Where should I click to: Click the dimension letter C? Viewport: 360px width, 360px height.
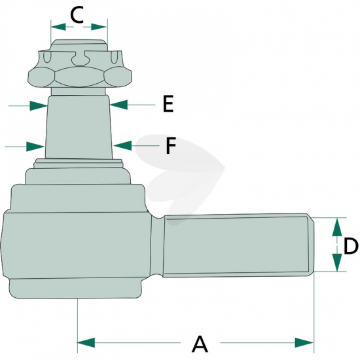tap(77, 15)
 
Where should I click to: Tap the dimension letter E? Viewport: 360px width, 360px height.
tap(168, 104)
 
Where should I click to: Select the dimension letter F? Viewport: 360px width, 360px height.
tap(171, 145)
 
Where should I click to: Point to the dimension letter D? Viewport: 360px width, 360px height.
tap(351, 246)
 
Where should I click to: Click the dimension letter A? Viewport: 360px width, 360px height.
tap(200, 344)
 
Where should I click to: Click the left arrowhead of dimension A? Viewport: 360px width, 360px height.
tap(86, 343)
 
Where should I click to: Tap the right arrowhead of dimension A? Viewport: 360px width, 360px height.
tap(304, 343)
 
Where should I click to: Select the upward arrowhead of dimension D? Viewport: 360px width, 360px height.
tap(337, 227)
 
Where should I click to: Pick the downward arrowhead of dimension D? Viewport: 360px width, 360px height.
tap(337, 262)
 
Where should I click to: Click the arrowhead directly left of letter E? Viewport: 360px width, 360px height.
tap(118, 105)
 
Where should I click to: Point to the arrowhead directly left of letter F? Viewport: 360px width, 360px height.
tap(122, 145)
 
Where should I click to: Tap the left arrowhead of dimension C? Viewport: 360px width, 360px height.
tap(58, 27)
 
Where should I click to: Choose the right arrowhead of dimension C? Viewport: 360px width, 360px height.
tap(99, 27)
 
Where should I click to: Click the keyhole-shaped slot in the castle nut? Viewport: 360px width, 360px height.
tap(79, 58)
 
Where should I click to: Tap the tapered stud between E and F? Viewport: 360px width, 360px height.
tap(79, 127)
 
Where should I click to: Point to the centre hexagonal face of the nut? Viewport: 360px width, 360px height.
tap(79, 77)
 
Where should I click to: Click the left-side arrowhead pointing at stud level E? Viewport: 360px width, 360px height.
tap(39, 105)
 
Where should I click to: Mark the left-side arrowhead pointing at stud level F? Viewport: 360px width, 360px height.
tap(35, 147)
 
